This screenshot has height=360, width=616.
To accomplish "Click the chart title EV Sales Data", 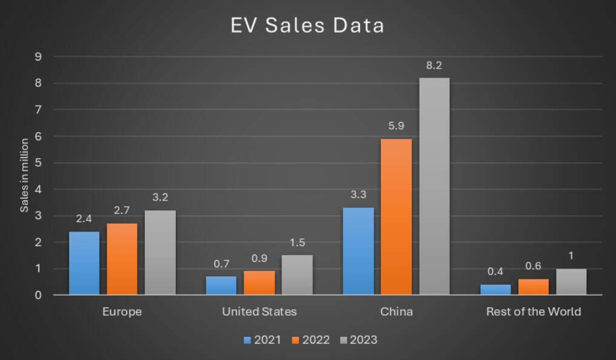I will pyautogui.click(x=307, y=26).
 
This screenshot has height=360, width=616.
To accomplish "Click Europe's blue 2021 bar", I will pyautogui.click(x=84, y=263).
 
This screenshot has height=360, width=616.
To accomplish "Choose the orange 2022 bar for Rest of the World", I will pyautogui.click(x=533, y=287).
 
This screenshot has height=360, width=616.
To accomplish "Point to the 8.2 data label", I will pyautogui.click(x=434, y=65).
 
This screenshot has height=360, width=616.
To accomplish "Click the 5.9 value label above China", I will pyautogui.click(x=396, y=126).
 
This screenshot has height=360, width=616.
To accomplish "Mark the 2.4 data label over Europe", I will pyautogui.click(x=84, y=219).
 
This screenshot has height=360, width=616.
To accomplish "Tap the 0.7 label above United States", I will pyautogui.click(x=221, y=264).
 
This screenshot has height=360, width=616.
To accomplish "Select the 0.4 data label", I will pyautogui.click(x=495, y=272).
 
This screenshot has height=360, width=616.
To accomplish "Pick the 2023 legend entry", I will pyautogui.click(x=358, y=340).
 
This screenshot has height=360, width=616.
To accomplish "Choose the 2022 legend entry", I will pyautogui.click(x=310, y=340).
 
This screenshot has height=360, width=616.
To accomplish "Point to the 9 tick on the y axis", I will pyautogui.click(x=38, y=57).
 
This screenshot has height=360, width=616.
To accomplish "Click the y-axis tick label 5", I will pyautogui.click(x=38, y=163).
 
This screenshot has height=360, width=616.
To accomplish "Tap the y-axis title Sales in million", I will pyautogui.click(x=25, y=176).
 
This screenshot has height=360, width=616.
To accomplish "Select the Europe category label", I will pyautogui.click(x=122, y=312).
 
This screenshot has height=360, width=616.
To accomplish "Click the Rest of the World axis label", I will pyautogui.click(x=533, y=312).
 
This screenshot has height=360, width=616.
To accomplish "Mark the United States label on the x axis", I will pyautogui.click(x=259, y=312).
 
